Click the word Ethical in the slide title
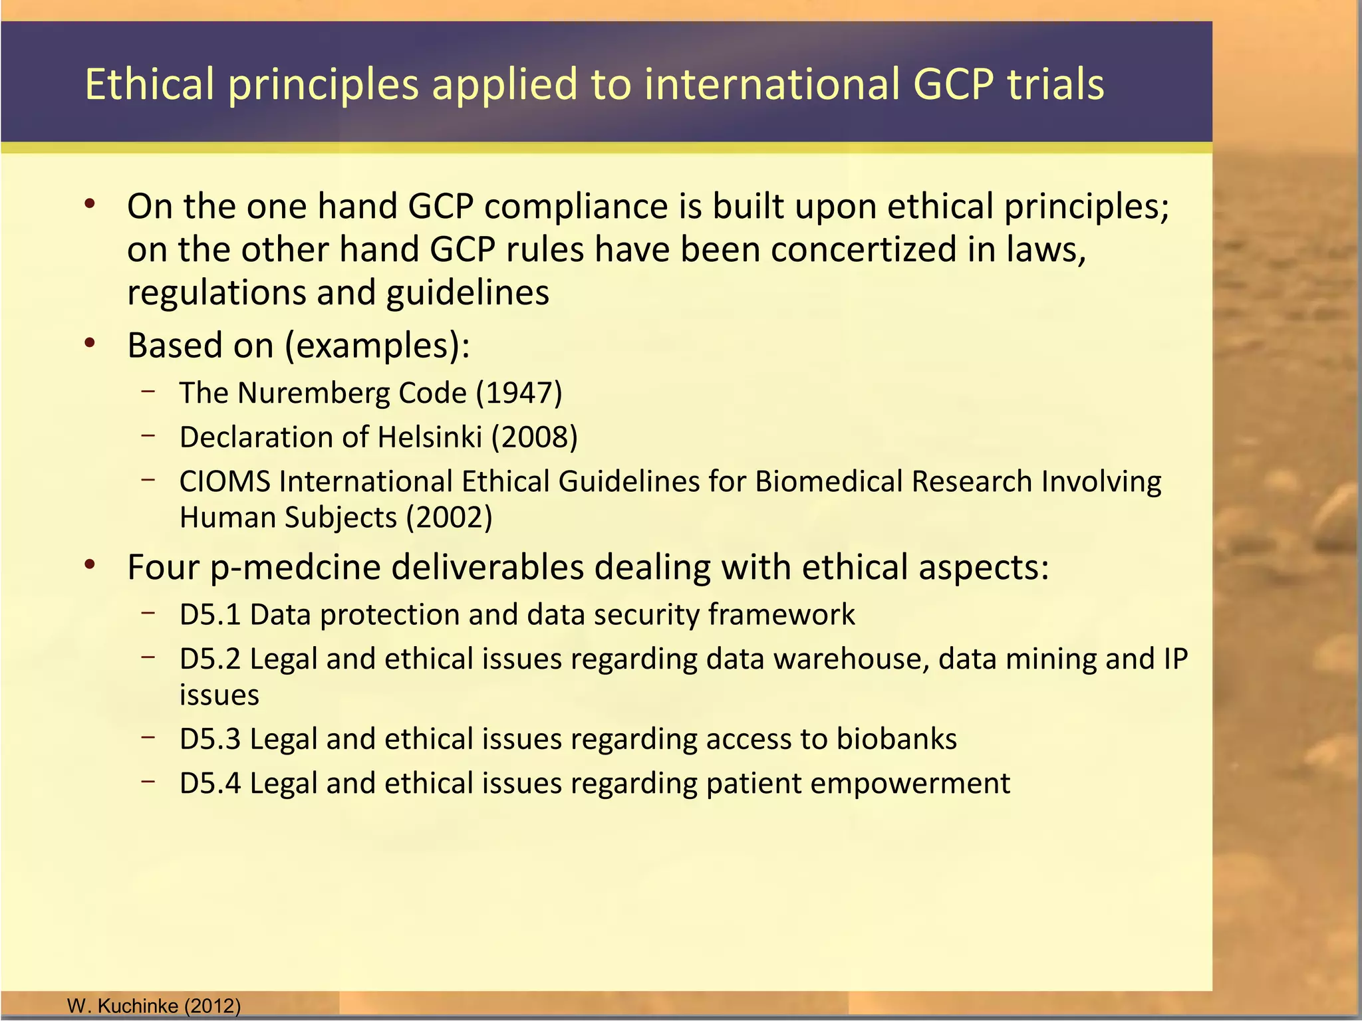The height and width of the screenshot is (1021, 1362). click(150, 84)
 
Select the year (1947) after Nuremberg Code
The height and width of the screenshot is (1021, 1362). click(519, 393)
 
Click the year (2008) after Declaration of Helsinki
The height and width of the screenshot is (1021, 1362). click(534, 437)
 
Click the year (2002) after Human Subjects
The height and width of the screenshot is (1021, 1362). click(449, 518)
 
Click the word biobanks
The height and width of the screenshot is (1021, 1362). click(896, 739)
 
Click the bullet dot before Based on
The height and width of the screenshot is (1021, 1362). click(90, 344)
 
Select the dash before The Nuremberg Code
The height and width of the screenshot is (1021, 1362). click(148, 391)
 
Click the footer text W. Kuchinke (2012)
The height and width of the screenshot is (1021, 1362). click(154, 1006)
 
